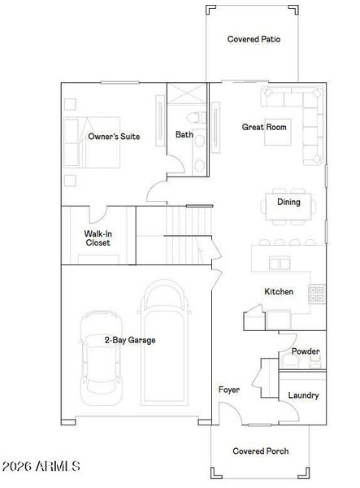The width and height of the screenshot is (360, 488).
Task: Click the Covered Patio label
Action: tap(254, 38)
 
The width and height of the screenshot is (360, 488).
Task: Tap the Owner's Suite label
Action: tap(114, 137)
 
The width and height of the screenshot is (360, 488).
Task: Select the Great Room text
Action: tap(264, 127)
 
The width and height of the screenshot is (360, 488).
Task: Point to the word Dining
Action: tap(288, 203)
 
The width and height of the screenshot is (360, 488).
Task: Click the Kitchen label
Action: tap(278, 292)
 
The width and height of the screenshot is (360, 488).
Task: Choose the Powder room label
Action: tap(306, 351)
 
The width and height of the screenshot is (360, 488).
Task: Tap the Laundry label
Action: tap(303, 395)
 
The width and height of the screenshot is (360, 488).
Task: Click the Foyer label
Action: tap(229, 390)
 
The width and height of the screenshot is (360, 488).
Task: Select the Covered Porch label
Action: tap(260, 451)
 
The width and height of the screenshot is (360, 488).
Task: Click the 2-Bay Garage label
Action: tap(129, 340)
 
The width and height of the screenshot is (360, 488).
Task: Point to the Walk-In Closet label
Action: tap(98, 237)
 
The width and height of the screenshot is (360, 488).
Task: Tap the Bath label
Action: tap(184, 135)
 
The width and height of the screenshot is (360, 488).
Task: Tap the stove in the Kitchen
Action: tap(316, 294)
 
